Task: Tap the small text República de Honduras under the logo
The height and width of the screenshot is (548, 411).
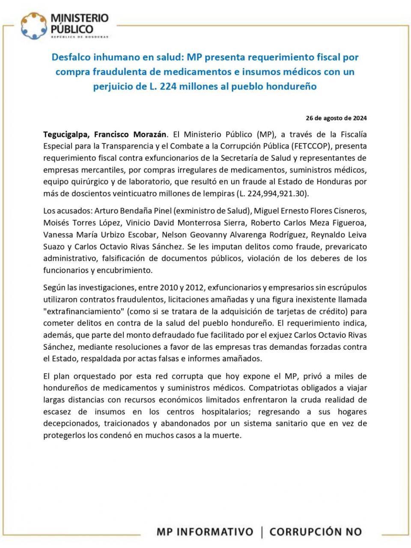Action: point(79,37)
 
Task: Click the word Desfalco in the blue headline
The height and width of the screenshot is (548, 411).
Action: point(71,57)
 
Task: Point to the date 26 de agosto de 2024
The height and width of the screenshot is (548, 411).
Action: point(336,118)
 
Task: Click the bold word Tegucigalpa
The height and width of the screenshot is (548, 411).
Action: point(66,134)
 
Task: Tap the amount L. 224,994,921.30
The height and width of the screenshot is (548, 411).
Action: point(272,193)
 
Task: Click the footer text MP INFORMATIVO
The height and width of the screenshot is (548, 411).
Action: point(205,532)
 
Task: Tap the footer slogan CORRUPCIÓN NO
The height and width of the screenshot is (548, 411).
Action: point(316,532)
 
